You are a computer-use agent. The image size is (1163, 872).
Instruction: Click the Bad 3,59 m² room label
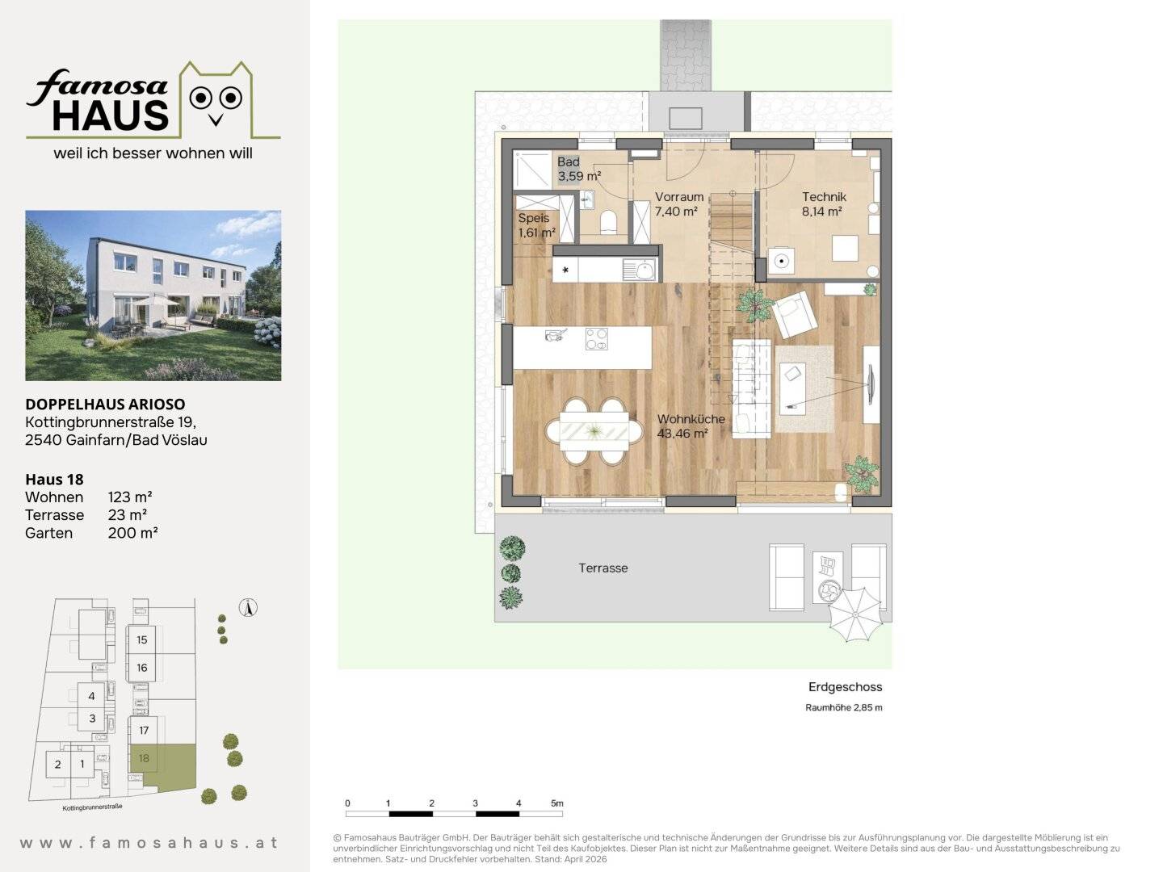point(578,169)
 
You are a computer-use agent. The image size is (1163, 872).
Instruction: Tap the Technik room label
point(823,203)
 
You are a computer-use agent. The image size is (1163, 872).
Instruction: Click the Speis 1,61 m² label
point(536,225)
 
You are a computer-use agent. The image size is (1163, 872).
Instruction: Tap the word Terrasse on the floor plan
point(603,568)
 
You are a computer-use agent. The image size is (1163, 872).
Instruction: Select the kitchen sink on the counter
point(639,270)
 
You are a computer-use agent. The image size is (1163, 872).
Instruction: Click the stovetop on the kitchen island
point(597,339)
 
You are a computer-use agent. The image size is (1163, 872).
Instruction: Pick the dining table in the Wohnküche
point(594,431)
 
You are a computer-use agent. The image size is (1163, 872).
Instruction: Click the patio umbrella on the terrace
point(855,614)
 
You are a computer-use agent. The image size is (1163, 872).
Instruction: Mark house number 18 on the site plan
point(144,758)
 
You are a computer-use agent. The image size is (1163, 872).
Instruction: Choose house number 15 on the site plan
point(142,639)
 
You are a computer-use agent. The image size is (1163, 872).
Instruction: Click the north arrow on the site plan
point(248,607)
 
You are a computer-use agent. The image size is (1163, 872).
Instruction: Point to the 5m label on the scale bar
point(556,803)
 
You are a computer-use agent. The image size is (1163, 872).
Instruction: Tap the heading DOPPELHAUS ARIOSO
point(106,404)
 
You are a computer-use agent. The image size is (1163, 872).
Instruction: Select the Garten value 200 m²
point(132,533)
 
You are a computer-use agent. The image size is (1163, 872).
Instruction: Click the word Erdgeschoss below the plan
point(845,687)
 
